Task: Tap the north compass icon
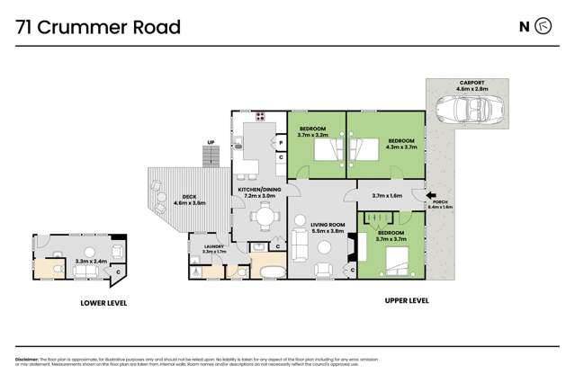point(543,26)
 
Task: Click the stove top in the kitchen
point(261,115)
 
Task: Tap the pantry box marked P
point(280,142)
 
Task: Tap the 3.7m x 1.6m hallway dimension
point(387,195)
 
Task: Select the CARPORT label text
point(465,84)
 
